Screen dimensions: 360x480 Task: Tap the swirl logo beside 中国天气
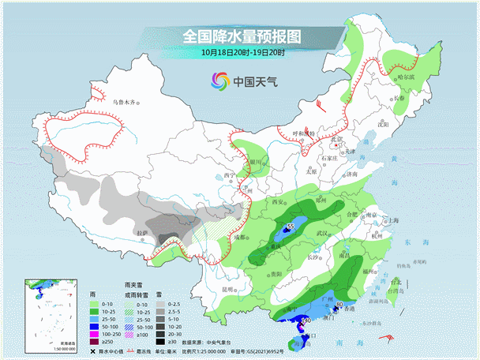coord(219,80)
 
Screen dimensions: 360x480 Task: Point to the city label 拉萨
coord(142,234)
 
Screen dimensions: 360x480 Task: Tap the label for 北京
coord(336,140)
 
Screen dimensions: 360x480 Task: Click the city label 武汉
coord(320,233)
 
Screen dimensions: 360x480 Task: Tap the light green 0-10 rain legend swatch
coord(93,304)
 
